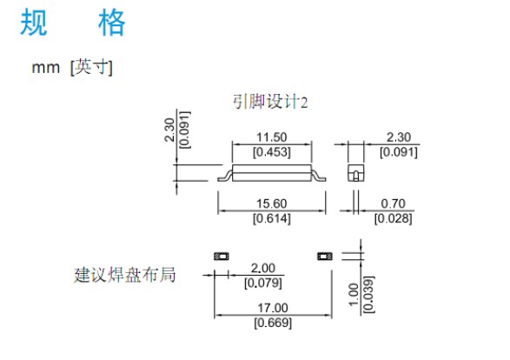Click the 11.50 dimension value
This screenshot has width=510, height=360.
point(272,137)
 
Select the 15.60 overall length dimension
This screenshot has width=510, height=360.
point(272,203)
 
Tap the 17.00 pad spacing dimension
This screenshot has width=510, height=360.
point(273,308)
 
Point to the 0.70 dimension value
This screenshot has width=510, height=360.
point(393,203)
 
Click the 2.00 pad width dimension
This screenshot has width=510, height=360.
point(262,268)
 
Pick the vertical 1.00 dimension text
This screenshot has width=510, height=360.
point(354,295)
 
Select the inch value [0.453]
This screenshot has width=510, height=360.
point(272,152)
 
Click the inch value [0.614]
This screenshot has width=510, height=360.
point(272,218)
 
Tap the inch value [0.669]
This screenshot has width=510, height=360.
point(273,323)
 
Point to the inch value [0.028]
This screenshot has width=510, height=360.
point(393,218)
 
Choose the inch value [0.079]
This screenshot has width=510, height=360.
point(262,283)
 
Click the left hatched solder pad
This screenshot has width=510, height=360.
point(222,257)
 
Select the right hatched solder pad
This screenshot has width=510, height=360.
point(325,257)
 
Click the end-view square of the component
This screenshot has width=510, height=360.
point(356,173)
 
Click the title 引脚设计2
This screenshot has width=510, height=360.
point(270,102)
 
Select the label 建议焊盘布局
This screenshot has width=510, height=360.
point(124,275)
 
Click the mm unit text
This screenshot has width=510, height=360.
point(45,68)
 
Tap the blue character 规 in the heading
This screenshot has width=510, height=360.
point(34,22)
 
